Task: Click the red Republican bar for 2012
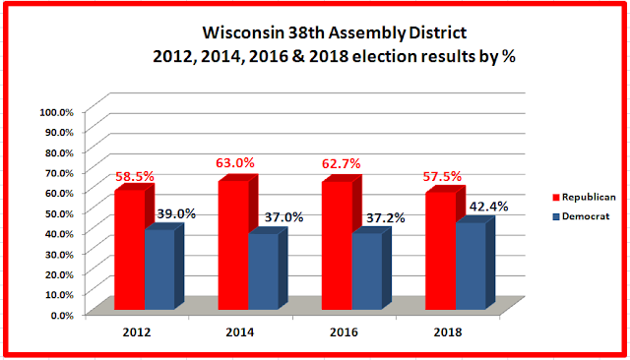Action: [130, 249]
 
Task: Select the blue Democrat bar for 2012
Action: [159, 269]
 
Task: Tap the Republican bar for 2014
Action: [233, 245]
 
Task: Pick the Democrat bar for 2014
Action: [263, 270]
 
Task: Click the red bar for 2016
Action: [337, 245]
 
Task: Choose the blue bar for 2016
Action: [367, 270]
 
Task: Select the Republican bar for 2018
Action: [441, 251]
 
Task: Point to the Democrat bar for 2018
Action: [471, 266]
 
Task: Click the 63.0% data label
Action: [235, 163]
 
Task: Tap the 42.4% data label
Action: [489, 207]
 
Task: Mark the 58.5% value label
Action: [135, 177]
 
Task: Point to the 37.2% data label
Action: [386, 218]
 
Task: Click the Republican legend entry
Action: [584, 197]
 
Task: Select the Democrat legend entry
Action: [582, 216]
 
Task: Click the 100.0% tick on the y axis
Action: [57, 112]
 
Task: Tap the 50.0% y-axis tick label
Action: [59, 213]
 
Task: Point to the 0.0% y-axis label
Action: [62, 316]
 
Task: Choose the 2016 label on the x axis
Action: [344, 332]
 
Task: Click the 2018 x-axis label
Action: [448, 332]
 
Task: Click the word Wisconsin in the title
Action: [243, 32]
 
